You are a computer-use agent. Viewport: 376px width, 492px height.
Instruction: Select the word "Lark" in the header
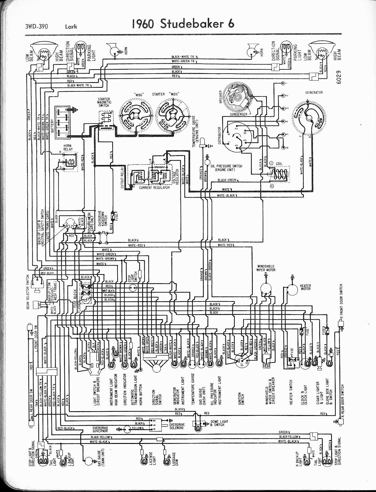[71, 27]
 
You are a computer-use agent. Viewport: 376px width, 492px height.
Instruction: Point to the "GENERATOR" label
[314, 93]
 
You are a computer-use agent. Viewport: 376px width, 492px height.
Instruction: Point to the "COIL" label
[279, 164]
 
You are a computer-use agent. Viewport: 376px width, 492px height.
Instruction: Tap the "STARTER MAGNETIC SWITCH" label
[104, 102]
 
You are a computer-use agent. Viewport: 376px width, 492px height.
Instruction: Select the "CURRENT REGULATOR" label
[154, 188]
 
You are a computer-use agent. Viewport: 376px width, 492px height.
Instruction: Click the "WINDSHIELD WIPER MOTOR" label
[266, 268]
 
